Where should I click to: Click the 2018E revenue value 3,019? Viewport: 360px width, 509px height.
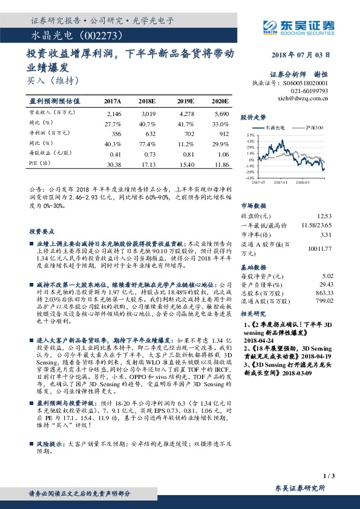click(x=148, y=113)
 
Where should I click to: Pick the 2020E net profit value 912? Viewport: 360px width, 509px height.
click(x=221, y=134)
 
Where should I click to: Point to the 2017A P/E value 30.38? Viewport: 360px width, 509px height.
click(x=113, y=164)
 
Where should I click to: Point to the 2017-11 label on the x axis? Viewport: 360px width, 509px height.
click(x=280, y=181)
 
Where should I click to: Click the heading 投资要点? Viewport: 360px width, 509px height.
click(x=42, y=232)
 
